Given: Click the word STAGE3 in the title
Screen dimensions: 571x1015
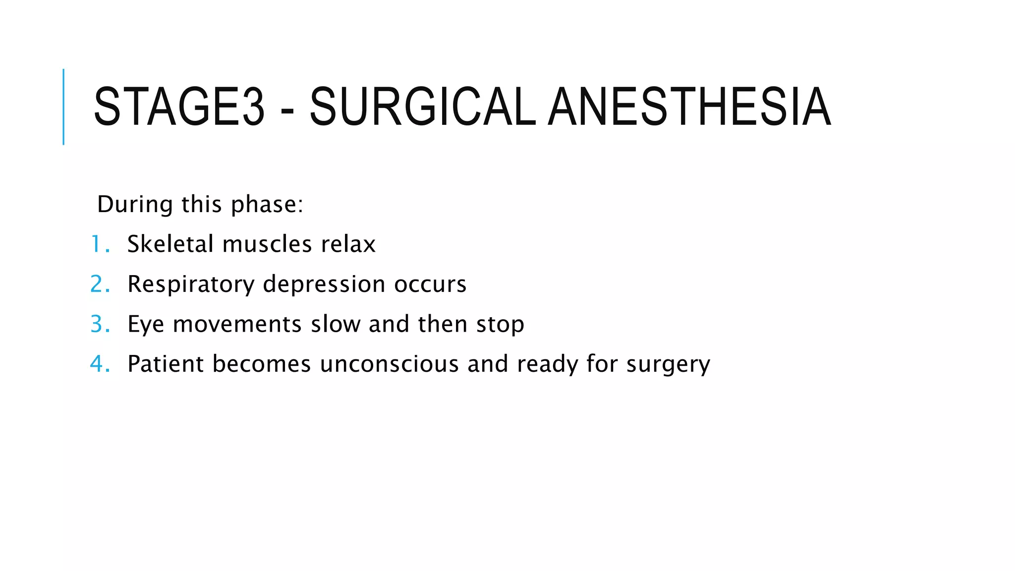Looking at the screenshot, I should tap(179, 107).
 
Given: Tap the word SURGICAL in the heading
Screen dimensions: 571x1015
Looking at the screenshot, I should tap(422, 107).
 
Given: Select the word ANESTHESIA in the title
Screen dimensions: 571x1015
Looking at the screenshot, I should tap(689, 107).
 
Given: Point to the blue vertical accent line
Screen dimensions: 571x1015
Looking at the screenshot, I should tap(63, 107).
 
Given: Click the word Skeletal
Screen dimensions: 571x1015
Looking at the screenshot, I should tap(170, 244).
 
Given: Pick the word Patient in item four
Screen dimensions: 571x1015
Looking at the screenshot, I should tap(166, 364).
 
